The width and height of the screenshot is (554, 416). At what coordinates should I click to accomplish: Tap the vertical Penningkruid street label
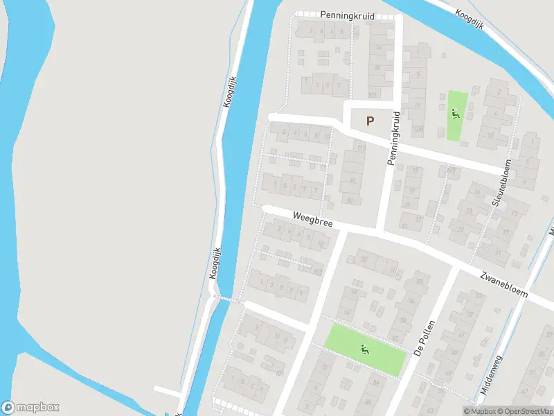[395, 138]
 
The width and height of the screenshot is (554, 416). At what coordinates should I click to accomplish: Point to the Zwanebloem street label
[503, 284]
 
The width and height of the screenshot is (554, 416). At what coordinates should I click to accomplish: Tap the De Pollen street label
[424, 338]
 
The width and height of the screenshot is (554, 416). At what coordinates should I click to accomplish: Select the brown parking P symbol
[370, 121]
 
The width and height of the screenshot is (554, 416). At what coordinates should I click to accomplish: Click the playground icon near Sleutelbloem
[455, 114]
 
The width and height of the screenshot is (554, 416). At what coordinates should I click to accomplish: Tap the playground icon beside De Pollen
[366, 349]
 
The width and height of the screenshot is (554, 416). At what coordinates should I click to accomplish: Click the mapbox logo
[30, 407]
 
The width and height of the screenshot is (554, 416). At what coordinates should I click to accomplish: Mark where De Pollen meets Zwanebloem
[457, 266]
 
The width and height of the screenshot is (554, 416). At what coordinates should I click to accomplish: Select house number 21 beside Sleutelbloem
[499, 252]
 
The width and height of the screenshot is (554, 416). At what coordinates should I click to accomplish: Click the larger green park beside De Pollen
[366, 349]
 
